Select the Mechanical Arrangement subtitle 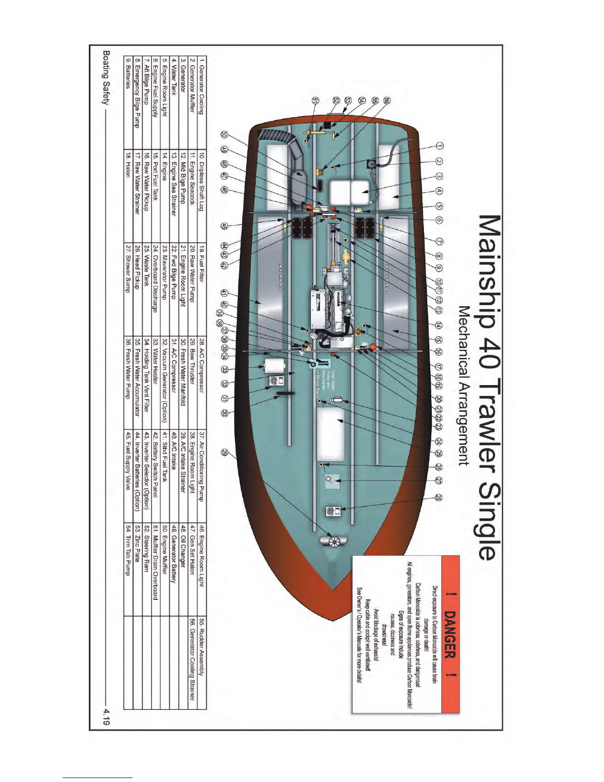[464, 385]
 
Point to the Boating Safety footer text [105, 77]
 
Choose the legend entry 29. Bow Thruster [192, 359]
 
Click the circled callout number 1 [440, 146]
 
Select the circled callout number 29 [225, 452]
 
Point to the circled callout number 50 [225, 134]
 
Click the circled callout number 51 [316, 100]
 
